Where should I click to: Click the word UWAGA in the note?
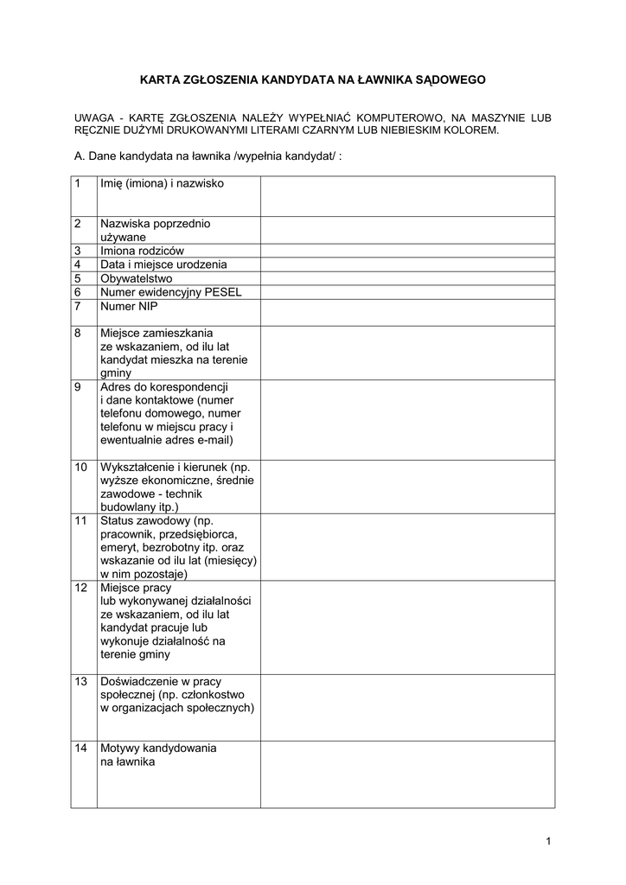(x=93, y=117)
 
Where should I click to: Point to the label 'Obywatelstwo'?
(x=137, y=278)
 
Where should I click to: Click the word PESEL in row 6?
(x=223, y=292)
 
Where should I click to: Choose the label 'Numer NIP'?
(x=130, y=306)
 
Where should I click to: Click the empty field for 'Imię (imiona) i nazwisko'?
(x=407, y=196)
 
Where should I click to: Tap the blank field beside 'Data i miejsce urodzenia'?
(x=407, y=264)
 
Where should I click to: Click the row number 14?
(x=80, y=748)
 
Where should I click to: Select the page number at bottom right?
(x=548, y=842)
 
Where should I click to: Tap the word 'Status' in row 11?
(x=117, y=521)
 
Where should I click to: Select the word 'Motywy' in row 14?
(x=120, y=748)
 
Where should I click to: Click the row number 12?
(x=80, y=588)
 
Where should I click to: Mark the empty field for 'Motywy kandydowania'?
(x=407, y=774)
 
